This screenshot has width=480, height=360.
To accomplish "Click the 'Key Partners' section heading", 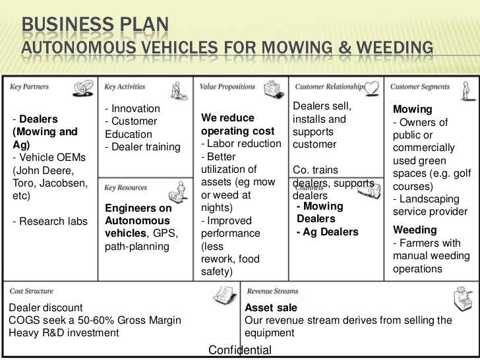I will (30, 86).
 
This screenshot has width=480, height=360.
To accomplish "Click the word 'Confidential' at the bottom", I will (239, 349).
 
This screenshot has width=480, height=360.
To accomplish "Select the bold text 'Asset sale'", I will (271, 308).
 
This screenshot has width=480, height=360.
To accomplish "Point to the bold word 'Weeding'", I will (415, 230).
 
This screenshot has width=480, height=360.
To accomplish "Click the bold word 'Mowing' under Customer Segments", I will (412, 109).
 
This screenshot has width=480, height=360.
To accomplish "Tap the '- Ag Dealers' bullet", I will (328, 232).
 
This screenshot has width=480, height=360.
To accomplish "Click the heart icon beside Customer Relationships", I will (373, 86).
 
